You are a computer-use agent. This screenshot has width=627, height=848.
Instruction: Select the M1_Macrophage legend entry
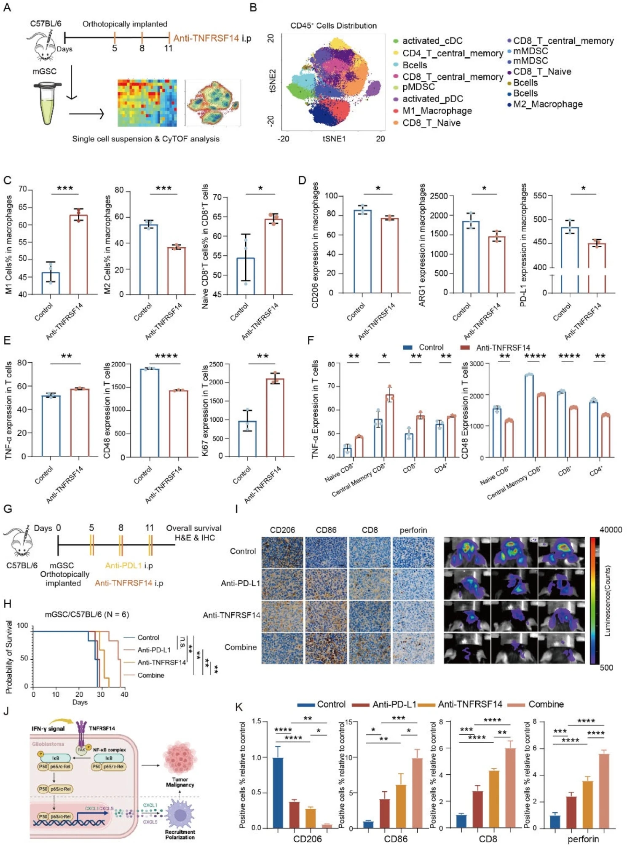click(x=437, y=111)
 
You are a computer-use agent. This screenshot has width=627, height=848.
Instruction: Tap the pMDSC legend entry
click(x=418, y=87)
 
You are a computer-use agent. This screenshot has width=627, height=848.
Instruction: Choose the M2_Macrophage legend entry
click(x=547, y=104)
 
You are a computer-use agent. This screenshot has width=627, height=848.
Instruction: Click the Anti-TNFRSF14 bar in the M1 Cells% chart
click(x=78, y=254)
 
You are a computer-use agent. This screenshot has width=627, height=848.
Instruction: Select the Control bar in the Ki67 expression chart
click(x=247, y=438)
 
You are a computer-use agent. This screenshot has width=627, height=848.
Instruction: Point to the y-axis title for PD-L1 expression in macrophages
click(x=523, y=245)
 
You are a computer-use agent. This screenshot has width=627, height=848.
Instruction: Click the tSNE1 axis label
click(x=334, y=139)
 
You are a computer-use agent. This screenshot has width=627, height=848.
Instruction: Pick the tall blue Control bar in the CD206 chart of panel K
click(x=278, y=792)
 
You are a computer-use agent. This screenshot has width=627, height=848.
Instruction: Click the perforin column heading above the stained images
click(x=413, y=530)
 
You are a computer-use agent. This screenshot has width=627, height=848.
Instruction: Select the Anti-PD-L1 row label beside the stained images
click(x=240, y=583)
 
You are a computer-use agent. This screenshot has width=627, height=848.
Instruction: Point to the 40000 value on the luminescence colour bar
click(x=611, y=530)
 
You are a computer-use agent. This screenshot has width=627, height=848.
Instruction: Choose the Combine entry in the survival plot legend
click(x=150, y=675)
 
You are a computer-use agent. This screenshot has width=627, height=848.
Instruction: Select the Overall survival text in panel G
click(x=193, y=528)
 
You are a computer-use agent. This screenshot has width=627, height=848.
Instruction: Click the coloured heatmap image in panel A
click(x=147, y=103)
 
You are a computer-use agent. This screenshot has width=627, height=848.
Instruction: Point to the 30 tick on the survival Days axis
click(x=101, y=694)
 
